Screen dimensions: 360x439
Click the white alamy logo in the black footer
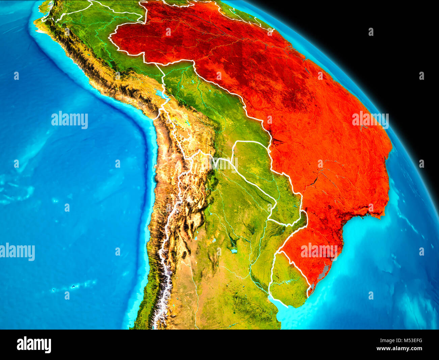tap(34, 345)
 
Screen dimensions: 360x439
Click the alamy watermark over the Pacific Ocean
tap(70, 120)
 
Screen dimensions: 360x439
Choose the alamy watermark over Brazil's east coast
tap(370, 120)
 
